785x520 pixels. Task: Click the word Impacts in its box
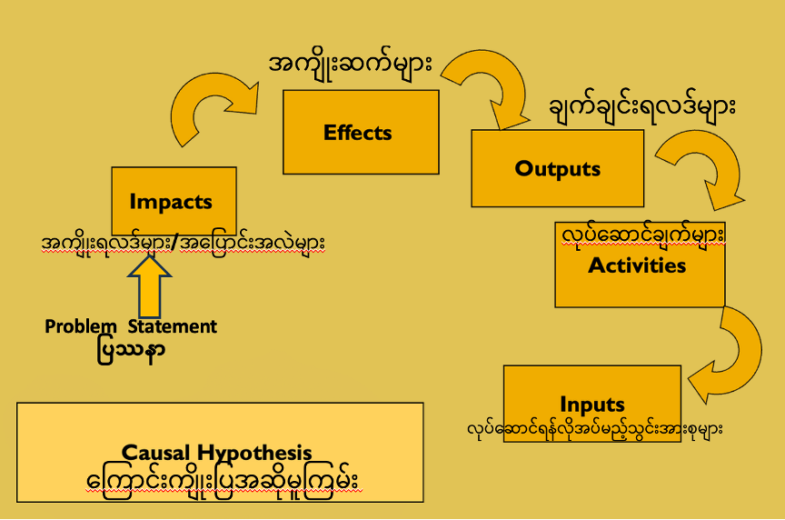click(x=171, y=202)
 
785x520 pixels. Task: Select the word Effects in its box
click(x=358, y=133)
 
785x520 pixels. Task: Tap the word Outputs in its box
click(x=558, y=168)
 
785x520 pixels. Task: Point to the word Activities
click(x=637, y=265)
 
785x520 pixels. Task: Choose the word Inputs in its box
click(x=592, y=404)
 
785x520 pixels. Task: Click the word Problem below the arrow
click(x=81, y=326)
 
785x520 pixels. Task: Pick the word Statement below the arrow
click(x=173, y=326)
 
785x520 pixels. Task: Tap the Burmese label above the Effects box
click(x=351, y=65)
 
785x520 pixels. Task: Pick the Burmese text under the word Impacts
click(x=184, y=244)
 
